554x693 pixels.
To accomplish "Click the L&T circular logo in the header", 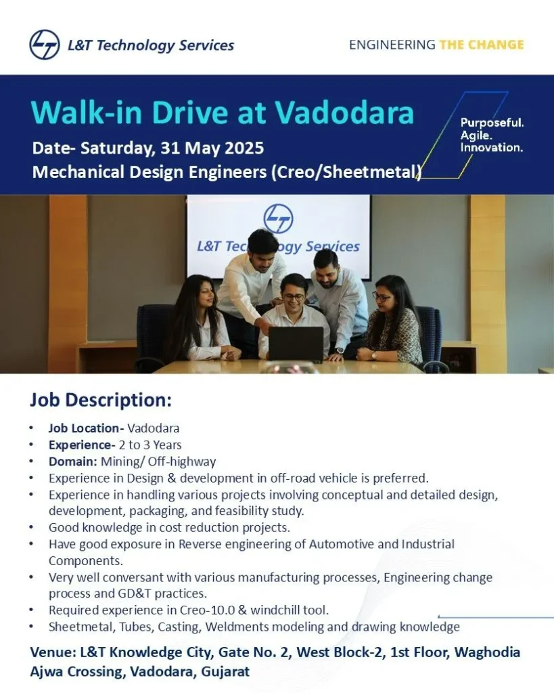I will (x=45, y=45).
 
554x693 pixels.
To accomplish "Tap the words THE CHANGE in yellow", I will (x=481, y=45).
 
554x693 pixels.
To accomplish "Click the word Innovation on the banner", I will (x=491, y=147).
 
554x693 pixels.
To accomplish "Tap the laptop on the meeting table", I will (x=296, y=343).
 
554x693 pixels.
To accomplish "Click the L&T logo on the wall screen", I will (x=278, y=219).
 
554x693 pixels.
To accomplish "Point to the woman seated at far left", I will (x=200, y=318).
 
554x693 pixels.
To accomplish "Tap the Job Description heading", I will (x=100, y=400).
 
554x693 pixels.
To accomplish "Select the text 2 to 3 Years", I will (x=150, y=445).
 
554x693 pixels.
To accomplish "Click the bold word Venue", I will (x=52, y=652).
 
